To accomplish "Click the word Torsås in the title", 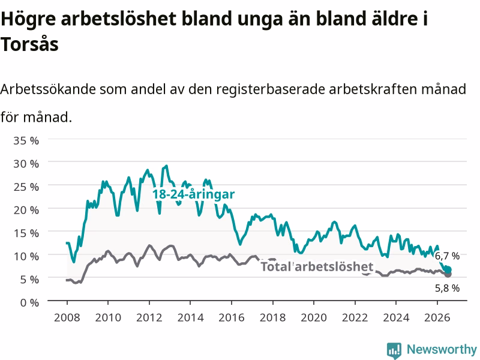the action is point(29,44).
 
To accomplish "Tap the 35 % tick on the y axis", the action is point(26,140).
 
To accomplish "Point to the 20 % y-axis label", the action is point(26,210).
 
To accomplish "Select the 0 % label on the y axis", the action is point(29,303).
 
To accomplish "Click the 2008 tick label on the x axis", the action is point(67,317).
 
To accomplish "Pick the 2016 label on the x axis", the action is point(232,317).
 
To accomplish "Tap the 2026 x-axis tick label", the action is point(437,317).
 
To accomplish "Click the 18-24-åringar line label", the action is point(193,194).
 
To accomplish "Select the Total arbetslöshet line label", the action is point(317,266).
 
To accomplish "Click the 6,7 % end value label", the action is point(447,256).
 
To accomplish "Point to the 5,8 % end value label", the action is point(447,288).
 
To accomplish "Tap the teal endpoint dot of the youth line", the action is point(448,269).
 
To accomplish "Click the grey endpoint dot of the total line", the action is point(448,274).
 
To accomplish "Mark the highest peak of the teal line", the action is point(167,166).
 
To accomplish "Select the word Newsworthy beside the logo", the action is point(442,349).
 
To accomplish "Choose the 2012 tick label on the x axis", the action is point(149,317).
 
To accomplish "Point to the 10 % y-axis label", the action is point(26,256).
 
